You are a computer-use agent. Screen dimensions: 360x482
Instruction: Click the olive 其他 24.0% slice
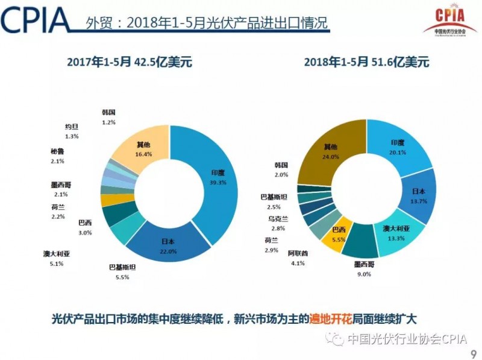(x=331, y=151)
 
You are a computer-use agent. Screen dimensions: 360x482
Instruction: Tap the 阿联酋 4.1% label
(x=298, y=256)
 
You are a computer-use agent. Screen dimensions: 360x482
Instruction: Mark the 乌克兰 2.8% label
(x=277, y=224)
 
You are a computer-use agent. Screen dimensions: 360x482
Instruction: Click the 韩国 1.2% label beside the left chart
(x=108, y=118)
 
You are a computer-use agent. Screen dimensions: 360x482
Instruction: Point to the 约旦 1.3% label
(x=72, y=131)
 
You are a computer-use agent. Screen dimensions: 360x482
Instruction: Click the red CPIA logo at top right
(x=448, y=19)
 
